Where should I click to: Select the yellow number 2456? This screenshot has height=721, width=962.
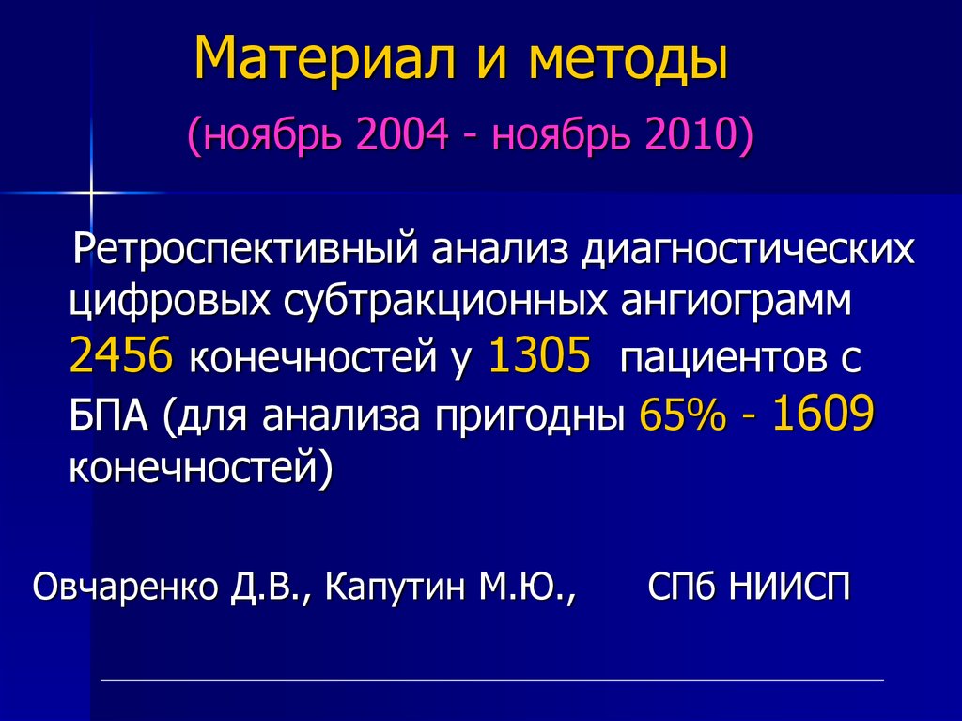tap(121, 357)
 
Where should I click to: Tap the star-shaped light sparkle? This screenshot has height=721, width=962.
tap(92, 192)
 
